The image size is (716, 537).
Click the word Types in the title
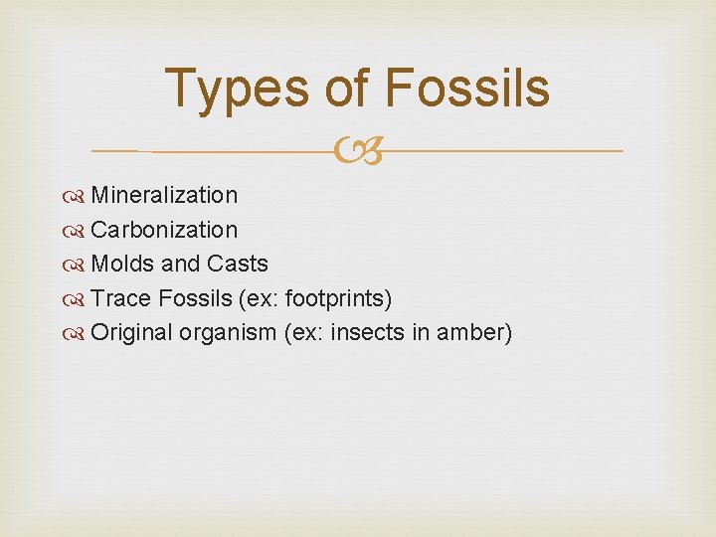(237, 89)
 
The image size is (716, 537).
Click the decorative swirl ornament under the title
(358, 152)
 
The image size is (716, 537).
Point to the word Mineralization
(164, 195)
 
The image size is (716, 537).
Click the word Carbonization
(164, 230)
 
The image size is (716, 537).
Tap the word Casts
(238, 264)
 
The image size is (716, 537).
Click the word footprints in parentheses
(338, 298)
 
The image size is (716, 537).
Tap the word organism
(228, 333)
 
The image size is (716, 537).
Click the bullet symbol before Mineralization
(78, 196)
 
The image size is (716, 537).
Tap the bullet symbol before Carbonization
(78, 231)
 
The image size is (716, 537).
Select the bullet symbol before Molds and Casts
(78, 265)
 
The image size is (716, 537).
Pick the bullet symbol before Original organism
(78, 333)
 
